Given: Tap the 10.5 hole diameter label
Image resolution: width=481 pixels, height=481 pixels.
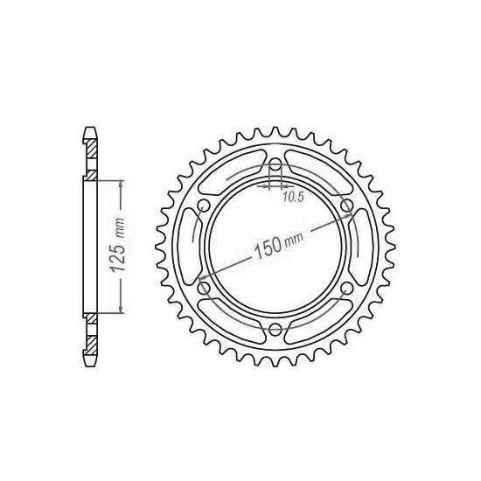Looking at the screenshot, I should coord(293,198).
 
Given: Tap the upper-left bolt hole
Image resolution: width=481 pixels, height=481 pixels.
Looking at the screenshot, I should coord(204,206).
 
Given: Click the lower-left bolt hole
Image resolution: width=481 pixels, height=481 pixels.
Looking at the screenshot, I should coord(204,287).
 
